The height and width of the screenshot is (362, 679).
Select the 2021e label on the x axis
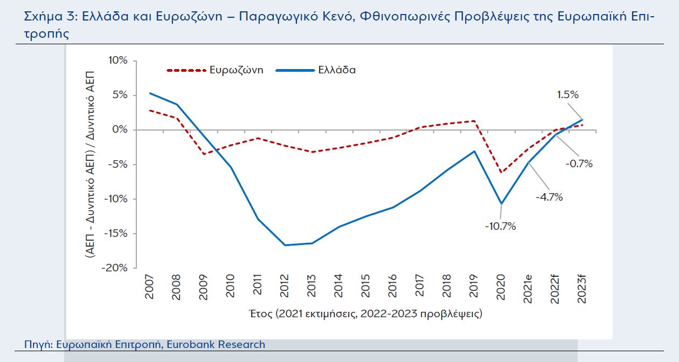[528, 289]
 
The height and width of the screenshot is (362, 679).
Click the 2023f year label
[583, 289]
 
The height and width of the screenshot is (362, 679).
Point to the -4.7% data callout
[549, 197]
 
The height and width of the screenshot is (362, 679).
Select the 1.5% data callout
[567, 95]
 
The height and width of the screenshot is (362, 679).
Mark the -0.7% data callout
[578, 164]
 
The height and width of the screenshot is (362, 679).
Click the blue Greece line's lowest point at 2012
[285, 245]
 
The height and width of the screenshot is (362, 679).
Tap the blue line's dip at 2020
[502, 203]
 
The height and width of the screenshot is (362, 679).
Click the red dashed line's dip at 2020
[502, 173]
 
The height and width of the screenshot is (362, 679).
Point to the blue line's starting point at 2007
[149, 93]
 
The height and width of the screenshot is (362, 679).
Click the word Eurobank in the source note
[195, 344]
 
